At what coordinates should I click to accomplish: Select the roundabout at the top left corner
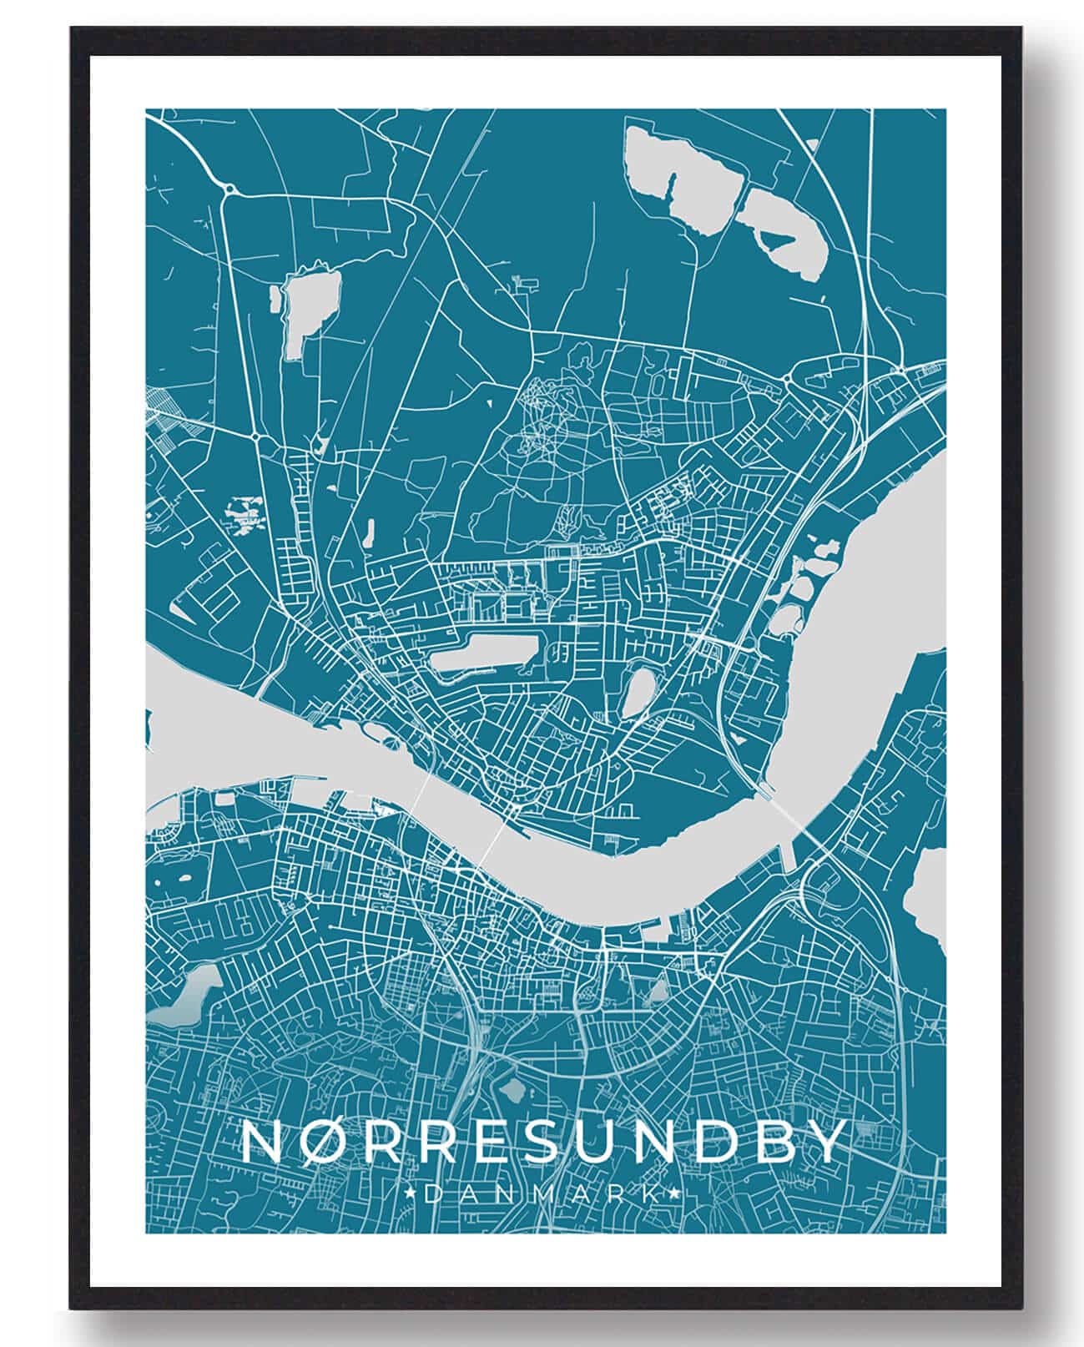pyautogui.click(x=229, y=190)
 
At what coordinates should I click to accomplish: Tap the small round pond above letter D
pyautogui.click(x=511, y=1090)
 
